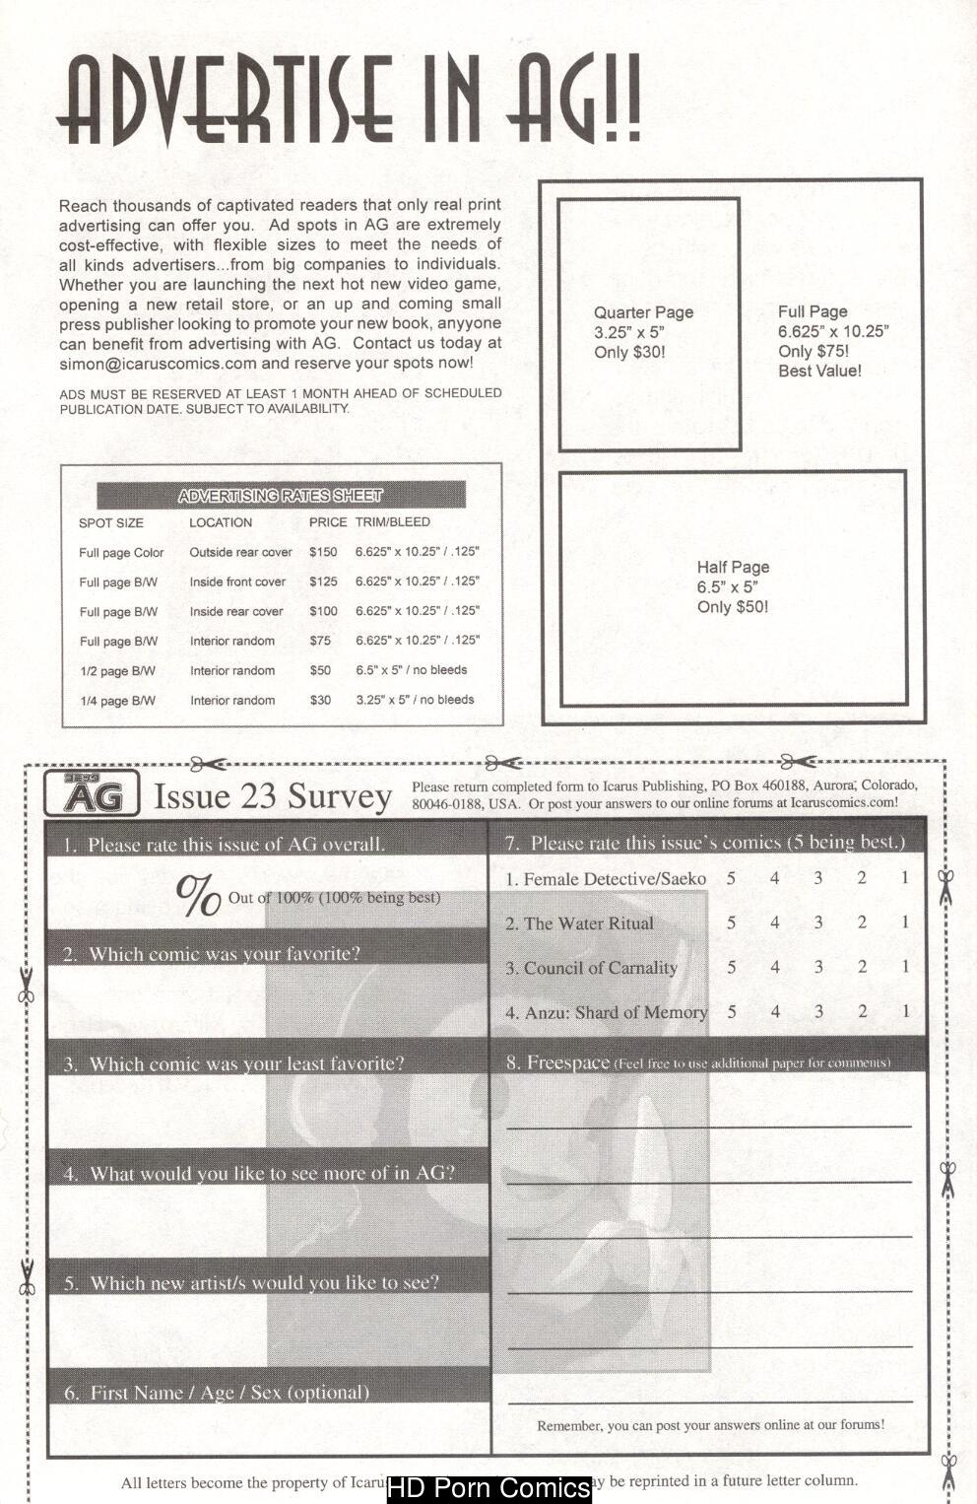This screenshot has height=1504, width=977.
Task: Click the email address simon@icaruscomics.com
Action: [x=158, y=363]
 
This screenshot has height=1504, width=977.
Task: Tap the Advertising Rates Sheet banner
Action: [x=281, y=496]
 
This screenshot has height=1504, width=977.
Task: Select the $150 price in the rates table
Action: [x=323, y=552]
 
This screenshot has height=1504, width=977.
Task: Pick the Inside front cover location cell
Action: [x=237, y=581]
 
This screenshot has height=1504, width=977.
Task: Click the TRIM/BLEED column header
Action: [x=392, y=522]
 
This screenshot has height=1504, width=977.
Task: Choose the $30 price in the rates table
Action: [x=320, y=700]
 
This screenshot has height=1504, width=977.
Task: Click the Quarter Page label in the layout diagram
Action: [x=643, y=312]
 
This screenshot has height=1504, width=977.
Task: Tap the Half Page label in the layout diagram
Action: [x=733, y=567]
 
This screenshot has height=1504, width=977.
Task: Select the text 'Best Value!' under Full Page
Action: [x=819, y=371]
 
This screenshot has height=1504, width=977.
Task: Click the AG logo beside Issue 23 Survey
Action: [x=93, y=794]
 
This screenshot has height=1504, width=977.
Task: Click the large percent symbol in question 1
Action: [x=198, y=895]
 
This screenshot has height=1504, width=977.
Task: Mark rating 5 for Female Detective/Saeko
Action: [x=731, y=877]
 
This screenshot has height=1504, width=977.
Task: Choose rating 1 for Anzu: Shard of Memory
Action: [x=905, y=1011]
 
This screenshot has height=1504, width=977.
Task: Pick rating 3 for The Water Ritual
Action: [x=817, y=923]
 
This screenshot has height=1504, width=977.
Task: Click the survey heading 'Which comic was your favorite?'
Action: [x=225, y=954]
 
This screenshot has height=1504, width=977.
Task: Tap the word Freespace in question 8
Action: [x=567, y=1062]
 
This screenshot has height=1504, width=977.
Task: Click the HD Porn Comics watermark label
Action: [x=489, y=1488]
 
